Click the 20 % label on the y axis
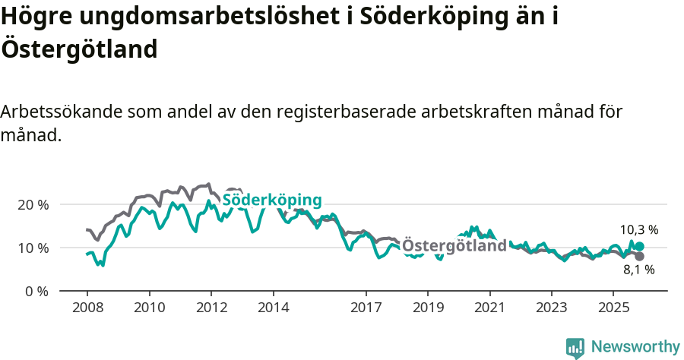(x=33, y=205)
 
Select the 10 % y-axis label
(x=33, y=248)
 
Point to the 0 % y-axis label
(x=36, y=292)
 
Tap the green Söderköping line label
(x=271, y=200)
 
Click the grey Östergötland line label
(x=454, y=246)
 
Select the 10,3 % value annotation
(x=638, y=229)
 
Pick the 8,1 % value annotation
(x=638, y=270)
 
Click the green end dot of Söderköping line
(x=639, y=246)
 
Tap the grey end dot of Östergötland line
(x=639, y=256)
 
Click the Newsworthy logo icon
(x=575, y=347)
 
